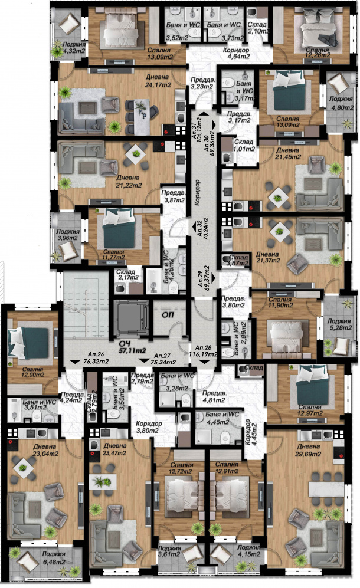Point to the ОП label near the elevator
[x=168, y=315]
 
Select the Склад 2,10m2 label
[x=258, y=28]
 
